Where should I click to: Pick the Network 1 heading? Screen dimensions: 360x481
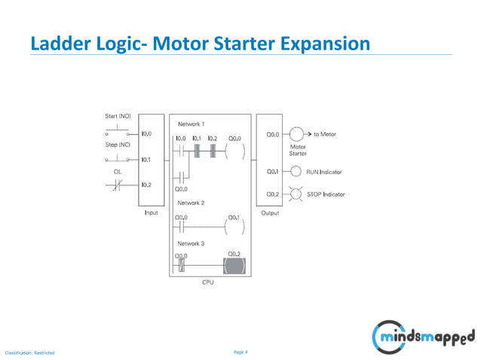(191, 124)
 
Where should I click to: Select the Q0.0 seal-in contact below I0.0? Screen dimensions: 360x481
(181, 177)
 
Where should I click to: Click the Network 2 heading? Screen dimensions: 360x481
(191, 203)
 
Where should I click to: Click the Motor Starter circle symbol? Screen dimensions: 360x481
(297, 135)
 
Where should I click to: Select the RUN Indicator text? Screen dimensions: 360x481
(324, 172)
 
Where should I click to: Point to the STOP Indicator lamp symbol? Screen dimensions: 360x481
(296, 194)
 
